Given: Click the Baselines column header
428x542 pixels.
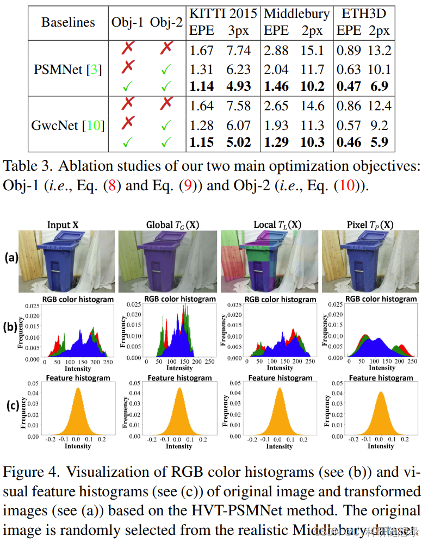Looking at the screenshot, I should coord(68,22).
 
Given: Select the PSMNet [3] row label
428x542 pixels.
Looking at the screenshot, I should coord(68,69).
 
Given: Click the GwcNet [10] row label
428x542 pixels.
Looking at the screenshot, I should coord(68,126).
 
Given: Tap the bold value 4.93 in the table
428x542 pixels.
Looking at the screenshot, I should coord(239,85).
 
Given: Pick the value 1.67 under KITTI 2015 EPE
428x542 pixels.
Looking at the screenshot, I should coord(201,51).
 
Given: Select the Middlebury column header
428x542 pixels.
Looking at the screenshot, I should coord(296,14).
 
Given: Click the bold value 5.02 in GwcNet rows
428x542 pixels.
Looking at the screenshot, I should coord(239,143).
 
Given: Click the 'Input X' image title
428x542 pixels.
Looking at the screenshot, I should coord(66,225).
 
